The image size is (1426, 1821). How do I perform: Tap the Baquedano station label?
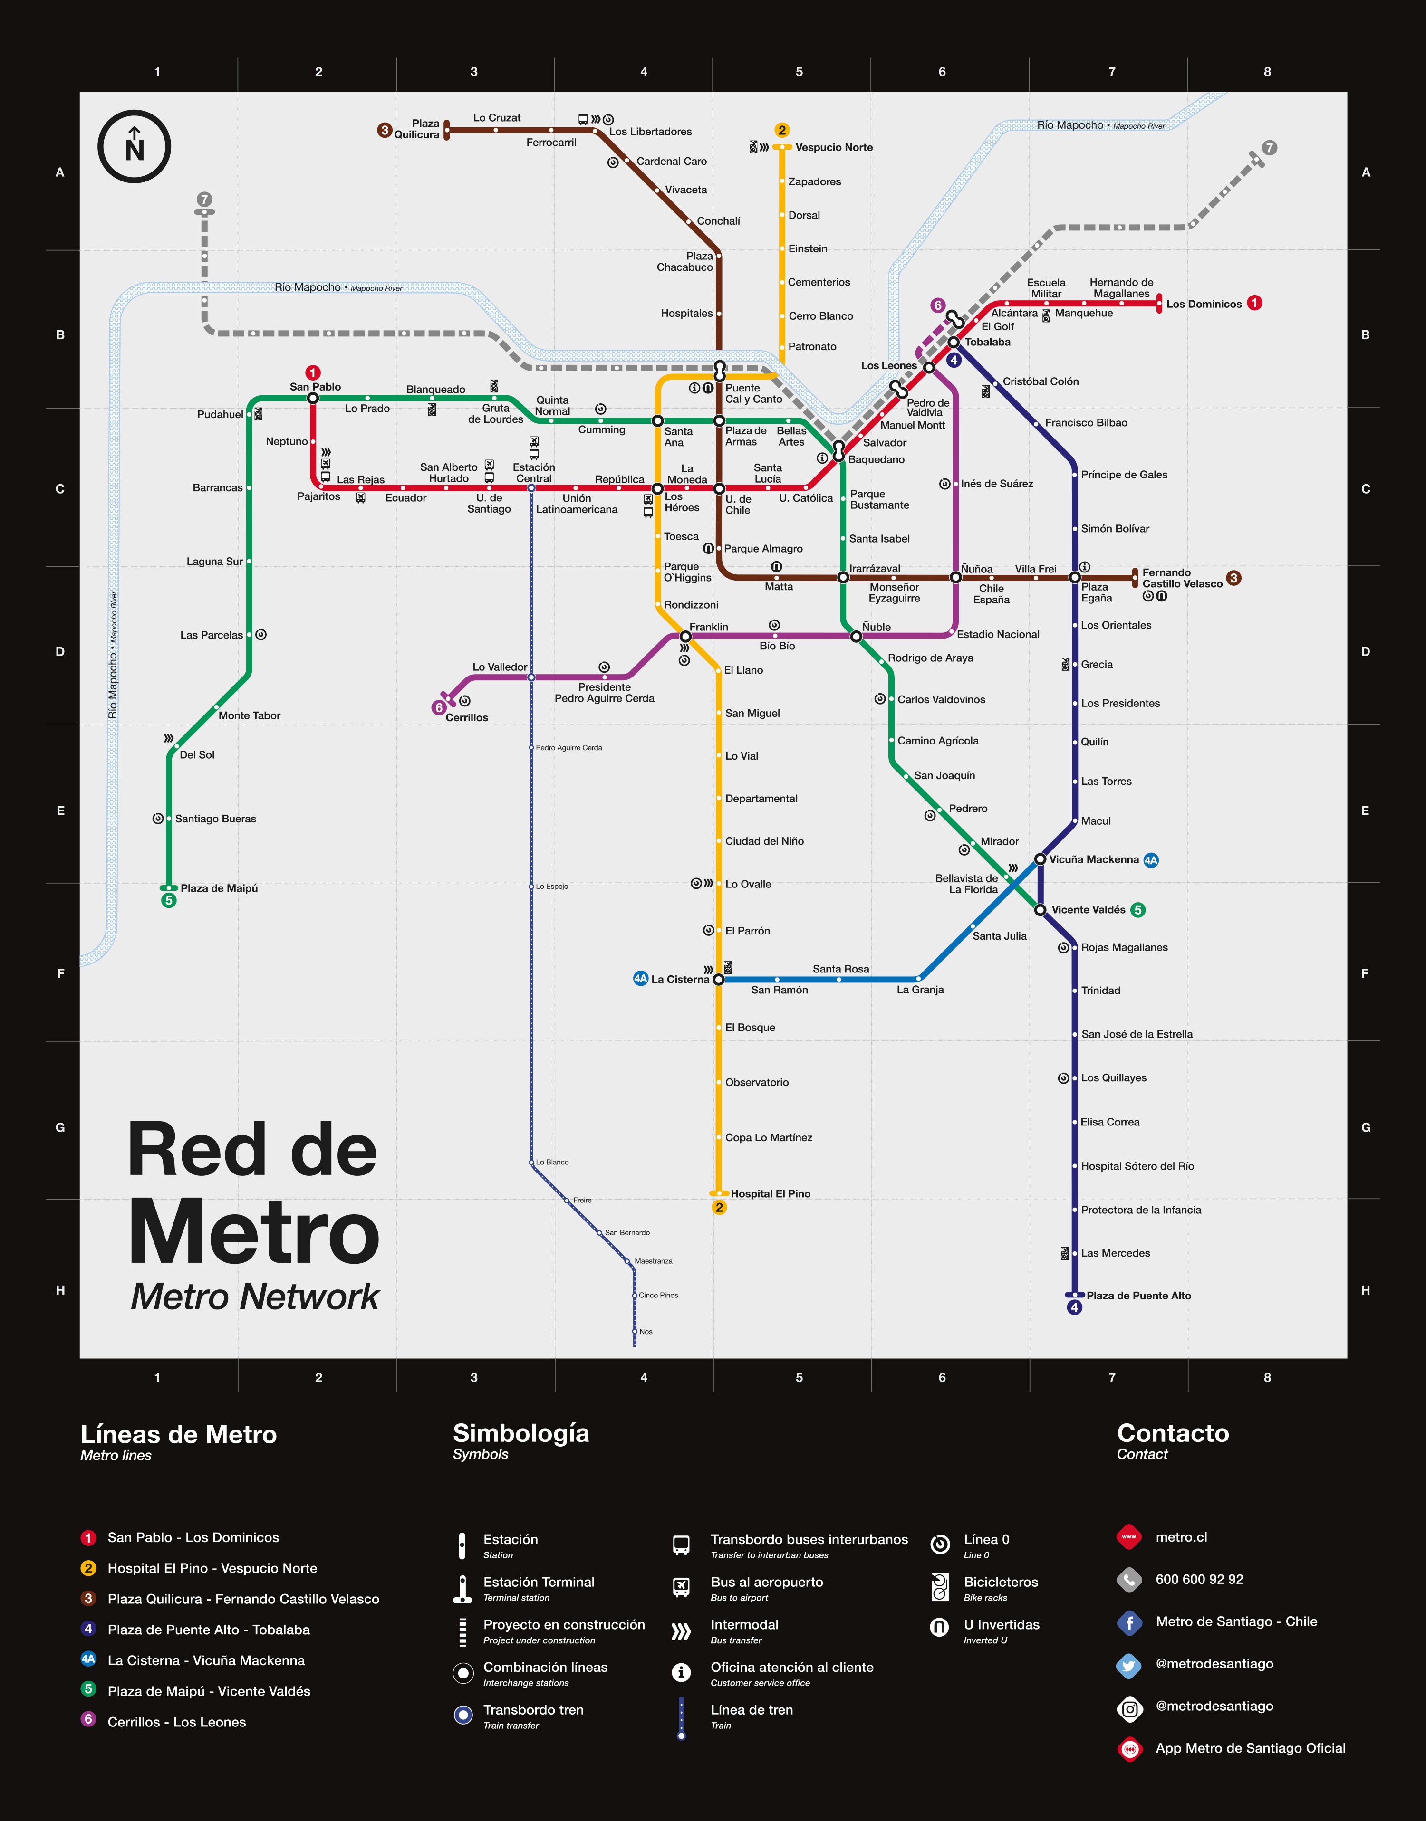(876, 459)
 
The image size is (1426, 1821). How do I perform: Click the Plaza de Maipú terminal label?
(219, 888)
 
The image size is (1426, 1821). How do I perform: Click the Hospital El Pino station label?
(770, 1193)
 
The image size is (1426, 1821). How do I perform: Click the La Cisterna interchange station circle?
(718, 979)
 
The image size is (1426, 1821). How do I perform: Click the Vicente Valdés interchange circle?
(1040, 910)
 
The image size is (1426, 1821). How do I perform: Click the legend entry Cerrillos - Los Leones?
(176, 1722)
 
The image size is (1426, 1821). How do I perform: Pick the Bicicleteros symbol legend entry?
(1000, 1583)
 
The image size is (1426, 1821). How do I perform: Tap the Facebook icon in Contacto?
(1129, 1622)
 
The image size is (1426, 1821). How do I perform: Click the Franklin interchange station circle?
(685, 637)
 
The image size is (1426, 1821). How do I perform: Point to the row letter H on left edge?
(60, 1289)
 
